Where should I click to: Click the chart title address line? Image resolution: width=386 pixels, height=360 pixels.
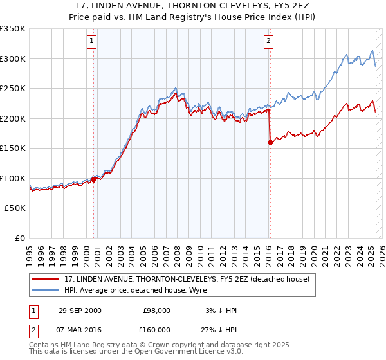[193, 6]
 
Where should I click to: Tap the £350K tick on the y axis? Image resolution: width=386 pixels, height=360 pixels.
[13, 29]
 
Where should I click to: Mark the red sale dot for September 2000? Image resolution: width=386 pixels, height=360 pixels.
[94, 179]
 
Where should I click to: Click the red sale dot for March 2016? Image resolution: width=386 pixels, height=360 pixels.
[270, 143]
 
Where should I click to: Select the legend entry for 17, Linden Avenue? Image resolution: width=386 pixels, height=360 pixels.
[187, 279]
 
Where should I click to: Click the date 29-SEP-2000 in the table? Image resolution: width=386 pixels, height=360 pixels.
[80, 310]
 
